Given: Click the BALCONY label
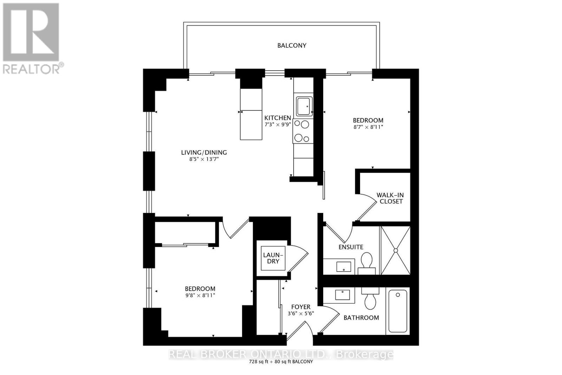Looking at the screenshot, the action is click(292, 45).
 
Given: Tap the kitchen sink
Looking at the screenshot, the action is click(304, 106).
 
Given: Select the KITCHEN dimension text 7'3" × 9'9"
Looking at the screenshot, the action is click(277, 124).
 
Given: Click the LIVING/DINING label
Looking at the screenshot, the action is click(204, 153).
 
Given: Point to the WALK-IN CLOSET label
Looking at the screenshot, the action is click(390, 198).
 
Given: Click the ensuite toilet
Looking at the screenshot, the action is click(367, 263).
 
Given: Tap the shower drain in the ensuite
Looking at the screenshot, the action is click(396, 250).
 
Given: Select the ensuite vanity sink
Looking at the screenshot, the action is click(344, 266).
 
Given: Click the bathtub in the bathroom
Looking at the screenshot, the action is click(398, 311).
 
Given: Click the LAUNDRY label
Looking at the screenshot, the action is click(273, 258).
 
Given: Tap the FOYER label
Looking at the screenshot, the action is click(301, 307).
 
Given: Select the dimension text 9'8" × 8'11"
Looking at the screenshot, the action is click(200, 296).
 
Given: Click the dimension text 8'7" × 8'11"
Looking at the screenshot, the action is click(368, 127).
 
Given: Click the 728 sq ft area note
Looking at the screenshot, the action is click(281, 362).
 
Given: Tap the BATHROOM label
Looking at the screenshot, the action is click(361, 318).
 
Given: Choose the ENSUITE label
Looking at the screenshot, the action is click(351, 247).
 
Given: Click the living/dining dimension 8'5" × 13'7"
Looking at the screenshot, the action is click(204, 159).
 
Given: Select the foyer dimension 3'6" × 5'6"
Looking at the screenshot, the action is click(301, 313).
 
